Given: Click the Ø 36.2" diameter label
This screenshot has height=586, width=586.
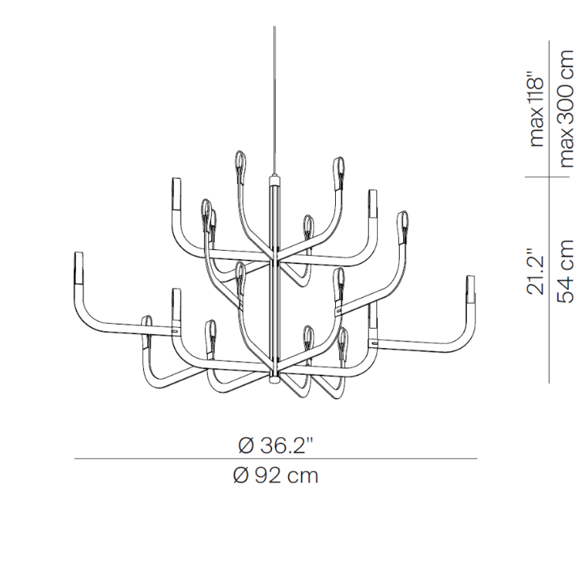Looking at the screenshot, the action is (275, 445).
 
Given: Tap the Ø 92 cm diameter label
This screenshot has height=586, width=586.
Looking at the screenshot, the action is (275, 476).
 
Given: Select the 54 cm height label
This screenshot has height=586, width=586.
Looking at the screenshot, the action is (565, 271).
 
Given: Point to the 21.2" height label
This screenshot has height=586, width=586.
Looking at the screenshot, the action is (535, 271).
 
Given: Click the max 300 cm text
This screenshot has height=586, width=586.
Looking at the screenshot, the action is (565, 108).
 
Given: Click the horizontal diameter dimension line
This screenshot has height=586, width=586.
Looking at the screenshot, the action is (276, 459).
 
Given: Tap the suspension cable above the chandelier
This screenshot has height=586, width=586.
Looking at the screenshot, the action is (274, 100).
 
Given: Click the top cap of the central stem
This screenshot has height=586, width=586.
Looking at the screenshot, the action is (274, 176).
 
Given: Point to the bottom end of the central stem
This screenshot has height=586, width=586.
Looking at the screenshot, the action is (274, 380).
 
